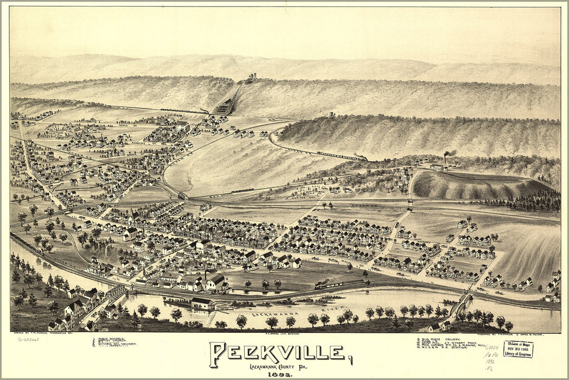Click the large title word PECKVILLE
tap(279, 353)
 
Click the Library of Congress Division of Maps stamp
tap(517, 349)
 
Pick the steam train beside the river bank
tap(339, 283)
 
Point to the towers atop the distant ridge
tap(252, 76)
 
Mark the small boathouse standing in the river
tap(201, 303)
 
